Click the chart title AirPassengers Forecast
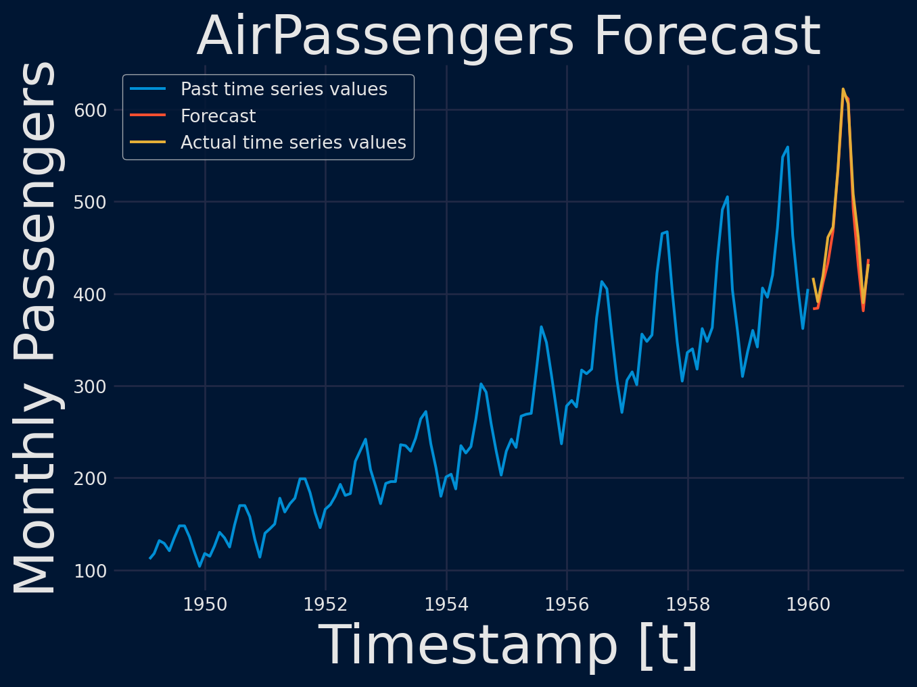pyautogui.click(x=509, y=36)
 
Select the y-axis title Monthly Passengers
pyautogui.click(x=36, y=328)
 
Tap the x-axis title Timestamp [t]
pyautogui.click(x=509, y=646)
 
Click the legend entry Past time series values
pyautogui.click(x=283, y=89)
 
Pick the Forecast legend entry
pyautogui.click(x=218, y=116)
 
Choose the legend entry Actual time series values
pyautogui.click(x=293, y=143)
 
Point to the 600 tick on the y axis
pyautogui.click(x=91, y=110)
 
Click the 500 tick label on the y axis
pyautogui.click(x=91, y=202)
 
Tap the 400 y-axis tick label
pyautogui.click(x=91, y=295)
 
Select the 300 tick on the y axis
pyautogui.click(x=91, y=386)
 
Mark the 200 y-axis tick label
pyautogui.click(x=91, y=478)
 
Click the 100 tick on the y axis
pyautogui.click(x=91, y=571)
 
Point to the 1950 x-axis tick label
pyautogui.click(x=206, y=604)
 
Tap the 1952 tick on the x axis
pyautogui.click(x=326, y=604)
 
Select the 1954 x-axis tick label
pyautogui.click(x=446, y=604)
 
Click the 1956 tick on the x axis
pyautogui.click(x=567, y=604)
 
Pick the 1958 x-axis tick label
pyautogui.click(x=688, y=604)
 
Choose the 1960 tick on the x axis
pyautogui.click(x=809, y=604)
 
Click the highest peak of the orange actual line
pyautogui.click(x=843, y=89)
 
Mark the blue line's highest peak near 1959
pyautogui.click(x=787, y=147)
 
